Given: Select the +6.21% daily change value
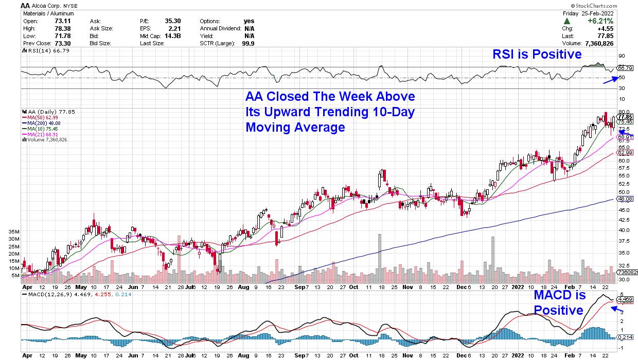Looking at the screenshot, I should click(607, 21).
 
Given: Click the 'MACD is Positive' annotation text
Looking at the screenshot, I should click(559, 302).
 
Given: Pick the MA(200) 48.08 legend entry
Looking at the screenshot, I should click(45, 123).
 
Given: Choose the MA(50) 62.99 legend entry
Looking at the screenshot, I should click(43, 117).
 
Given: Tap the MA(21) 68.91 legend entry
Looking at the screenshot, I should click(43, 134).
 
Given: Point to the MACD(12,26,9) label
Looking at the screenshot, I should click(49, 294).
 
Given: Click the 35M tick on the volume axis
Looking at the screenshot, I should click(14, 232).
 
